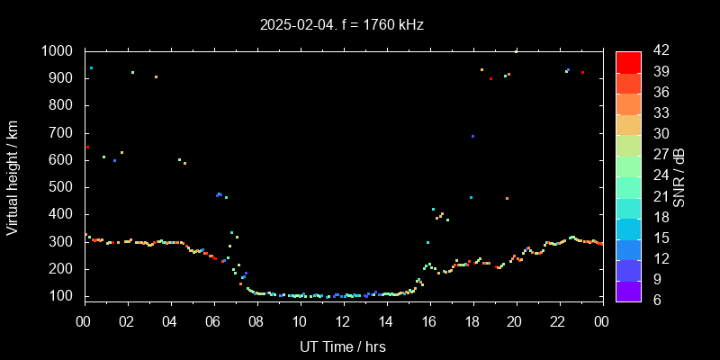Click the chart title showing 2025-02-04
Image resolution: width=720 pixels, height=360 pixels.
[342, 24]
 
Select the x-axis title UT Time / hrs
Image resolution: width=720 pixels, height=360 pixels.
[343, 346]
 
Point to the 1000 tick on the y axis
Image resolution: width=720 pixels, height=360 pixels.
[59, 51]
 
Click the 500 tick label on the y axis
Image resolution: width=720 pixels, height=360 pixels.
[64, 187]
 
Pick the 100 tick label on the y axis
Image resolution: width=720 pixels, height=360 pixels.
[64, 296]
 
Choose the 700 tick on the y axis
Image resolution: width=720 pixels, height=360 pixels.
[64, 133]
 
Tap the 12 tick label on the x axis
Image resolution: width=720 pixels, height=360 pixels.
[343, 320]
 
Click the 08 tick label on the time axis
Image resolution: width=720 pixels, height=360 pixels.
[256, 320]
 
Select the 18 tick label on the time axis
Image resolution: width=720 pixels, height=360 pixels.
[472, 320]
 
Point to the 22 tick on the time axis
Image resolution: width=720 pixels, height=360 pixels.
[559, 320]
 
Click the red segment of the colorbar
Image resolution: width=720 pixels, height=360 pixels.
[628, 61]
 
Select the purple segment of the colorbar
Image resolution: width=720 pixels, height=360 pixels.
[628, 290]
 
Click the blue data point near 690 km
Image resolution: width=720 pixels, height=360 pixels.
[472, 137]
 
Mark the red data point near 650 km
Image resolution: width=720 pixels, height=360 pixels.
[87, 148]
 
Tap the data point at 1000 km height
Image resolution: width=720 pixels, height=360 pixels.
[516, 52]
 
